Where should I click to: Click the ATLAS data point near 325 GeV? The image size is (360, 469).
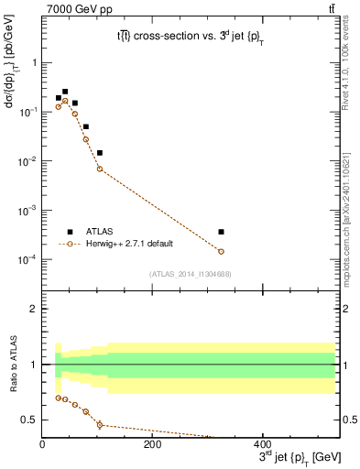[221, 232]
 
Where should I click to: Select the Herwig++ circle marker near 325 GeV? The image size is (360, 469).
[221, 251]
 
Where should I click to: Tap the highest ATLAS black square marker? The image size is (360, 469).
[64, 92]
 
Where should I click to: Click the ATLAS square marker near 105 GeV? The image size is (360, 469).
[100, 153]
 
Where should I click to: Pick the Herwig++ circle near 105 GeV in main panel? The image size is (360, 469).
[100, 169]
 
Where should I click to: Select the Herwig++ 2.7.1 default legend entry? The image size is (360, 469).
[128, 244]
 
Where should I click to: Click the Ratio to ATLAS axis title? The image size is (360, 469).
[12, 364]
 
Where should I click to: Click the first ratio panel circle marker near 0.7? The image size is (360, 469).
[59, 398]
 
